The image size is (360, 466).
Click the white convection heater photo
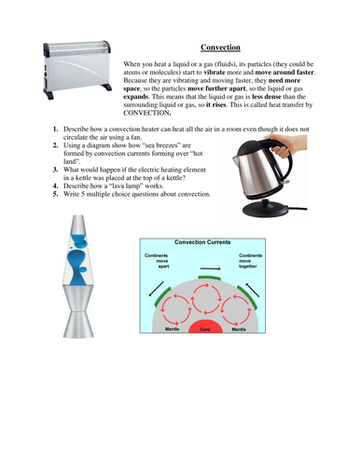point(64,72)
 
